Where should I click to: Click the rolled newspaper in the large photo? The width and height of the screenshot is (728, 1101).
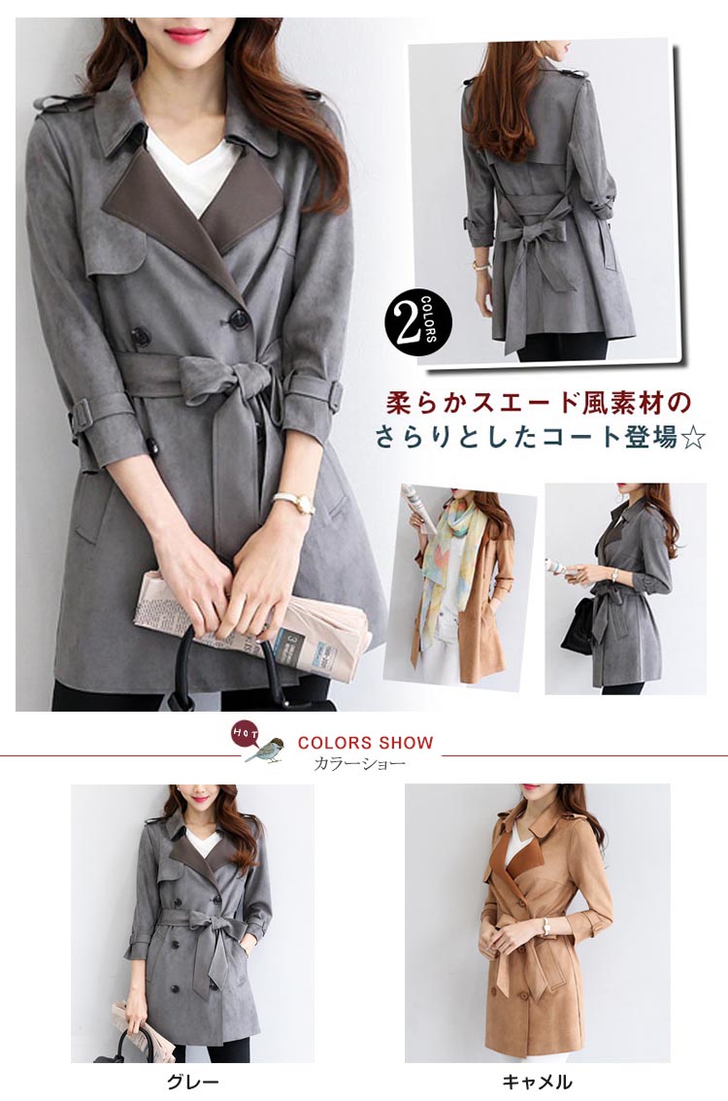click(252, 620)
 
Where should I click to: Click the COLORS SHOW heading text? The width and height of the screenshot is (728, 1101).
click(366, 743)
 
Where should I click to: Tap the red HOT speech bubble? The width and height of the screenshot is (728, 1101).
click(244, 734)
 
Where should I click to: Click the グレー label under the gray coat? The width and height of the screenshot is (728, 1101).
click(191, 1082)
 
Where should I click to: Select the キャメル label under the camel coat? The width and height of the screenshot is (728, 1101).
click(537, 1082)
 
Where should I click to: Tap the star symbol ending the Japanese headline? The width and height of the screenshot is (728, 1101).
click(693, 438)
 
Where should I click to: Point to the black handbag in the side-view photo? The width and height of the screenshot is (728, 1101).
click(578, 626)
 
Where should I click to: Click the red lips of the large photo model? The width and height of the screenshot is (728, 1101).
click(186, 32)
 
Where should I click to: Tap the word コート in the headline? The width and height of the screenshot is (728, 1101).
click(579, 438)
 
